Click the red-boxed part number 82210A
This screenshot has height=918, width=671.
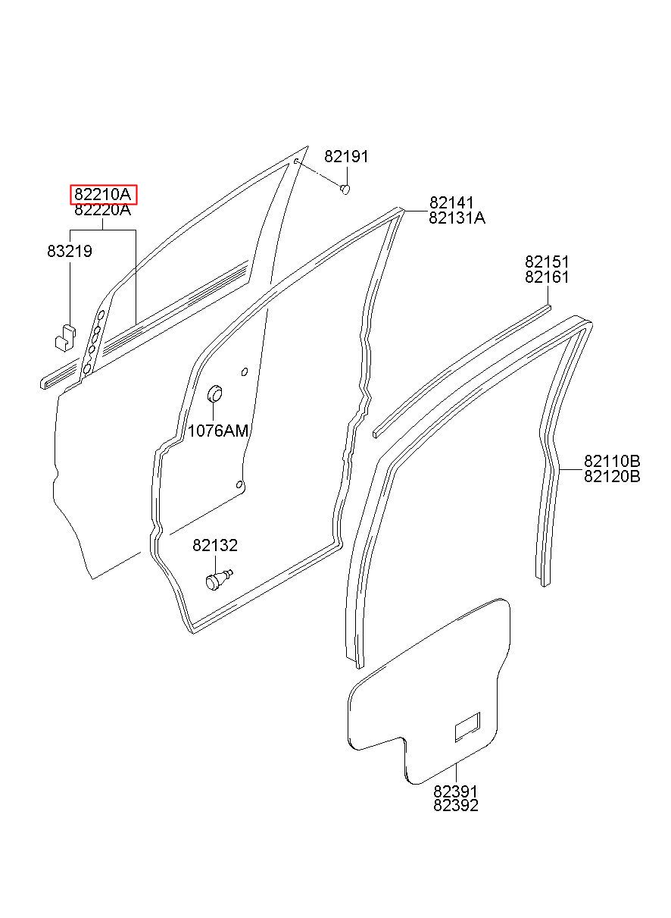(x=103, y=194)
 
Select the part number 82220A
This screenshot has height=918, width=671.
(x=103, y=209)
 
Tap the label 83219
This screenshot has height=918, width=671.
(x=70, y=251)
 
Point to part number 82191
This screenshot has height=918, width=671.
(x=346, y=157)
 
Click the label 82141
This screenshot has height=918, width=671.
(x=451, y=202)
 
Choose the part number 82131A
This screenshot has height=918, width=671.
(x=457, y=218)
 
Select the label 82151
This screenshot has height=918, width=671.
(x=547, y=262)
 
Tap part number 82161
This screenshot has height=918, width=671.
(x=547, y=277)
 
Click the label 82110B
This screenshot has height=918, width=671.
(x=612, y=461)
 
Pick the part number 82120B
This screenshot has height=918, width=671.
(x=612, y=477)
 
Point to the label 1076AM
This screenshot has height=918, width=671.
(x=218, y=431)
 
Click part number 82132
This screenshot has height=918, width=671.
(x=215, y=545)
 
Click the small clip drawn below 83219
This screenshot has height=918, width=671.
(x=65, y=337)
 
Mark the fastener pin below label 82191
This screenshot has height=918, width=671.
(x=345, y=190)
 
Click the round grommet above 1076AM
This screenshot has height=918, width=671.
(x=214, y=394)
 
